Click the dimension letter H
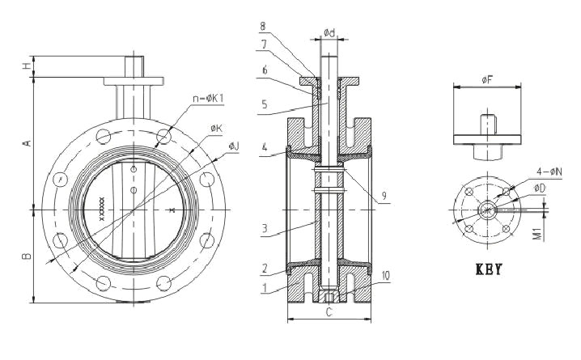click(26, 67)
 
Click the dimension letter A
click(26, 142)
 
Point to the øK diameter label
click(216, 128)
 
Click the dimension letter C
click(329, 311)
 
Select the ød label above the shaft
click(330, 33)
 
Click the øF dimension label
click(486, 79)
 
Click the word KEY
click(488, 269)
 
